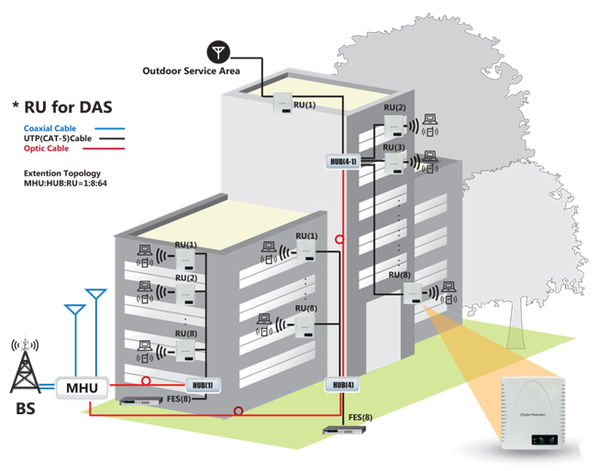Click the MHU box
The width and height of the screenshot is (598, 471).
(82, 388)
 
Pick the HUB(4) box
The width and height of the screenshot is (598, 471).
(339, 384)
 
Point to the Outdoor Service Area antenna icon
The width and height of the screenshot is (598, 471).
(217, 50)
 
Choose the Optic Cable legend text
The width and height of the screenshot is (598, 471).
(46, 148)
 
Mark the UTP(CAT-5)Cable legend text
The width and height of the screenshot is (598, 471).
(61, 137)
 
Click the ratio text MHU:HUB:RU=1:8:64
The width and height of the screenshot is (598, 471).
(67, 183)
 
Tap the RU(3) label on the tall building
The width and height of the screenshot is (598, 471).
(393, 148)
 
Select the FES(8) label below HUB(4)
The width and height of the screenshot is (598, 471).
(360, 419)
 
